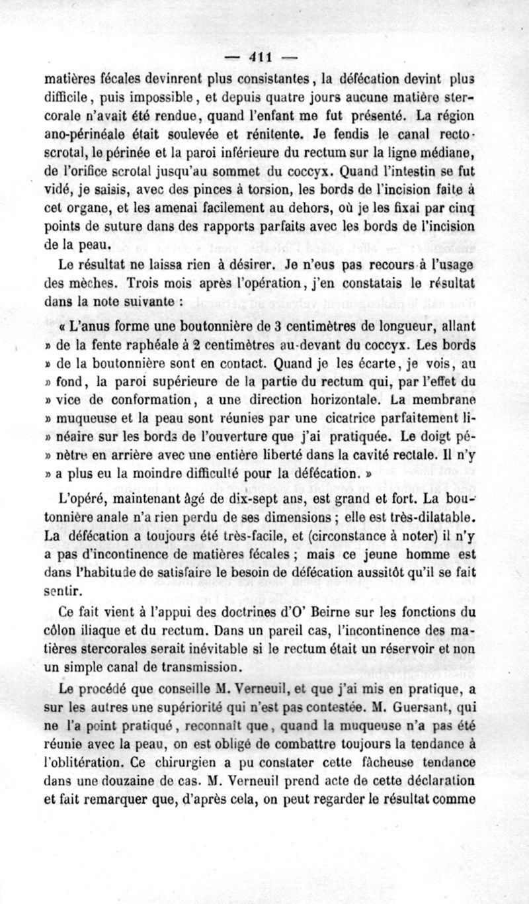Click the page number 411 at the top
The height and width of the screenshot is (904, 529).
(265, 56)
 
